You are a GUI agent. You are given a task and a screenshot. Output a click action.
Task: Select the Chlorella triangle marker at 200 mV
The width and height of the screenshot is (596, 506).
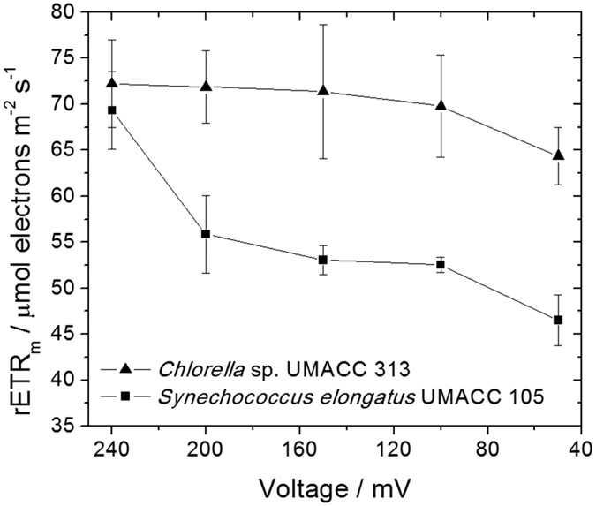206,87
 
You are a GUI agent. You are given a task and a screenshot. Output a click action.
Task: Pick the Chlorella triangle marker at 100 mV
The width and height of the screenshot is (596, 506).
441,106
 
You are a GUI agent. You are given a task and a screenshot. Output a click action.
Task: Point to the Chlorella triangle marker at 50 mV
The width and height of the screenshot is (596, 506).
558,155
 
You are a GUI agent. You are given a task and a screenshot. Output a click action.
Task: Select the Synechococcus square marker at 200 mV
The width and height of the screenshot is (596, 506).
206,234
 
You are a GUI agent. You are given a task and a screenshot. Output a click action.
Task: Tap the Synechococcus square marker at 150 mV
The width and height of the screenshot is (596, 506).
323,260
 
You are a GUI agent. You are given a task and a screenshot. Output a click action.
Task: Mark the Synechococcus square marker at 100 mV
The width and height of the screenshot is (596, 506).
441,264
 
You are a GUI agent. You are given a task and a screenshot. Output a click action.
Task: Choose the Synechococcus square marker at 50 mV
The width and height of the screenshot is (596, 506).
558,320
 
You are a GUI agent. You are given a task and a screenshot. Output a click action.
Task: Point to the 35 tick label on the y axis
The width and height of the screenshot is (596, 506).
61,426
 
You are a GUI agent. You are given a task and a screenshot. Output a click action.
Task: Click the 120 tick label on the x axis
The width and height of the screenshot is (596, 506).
394,448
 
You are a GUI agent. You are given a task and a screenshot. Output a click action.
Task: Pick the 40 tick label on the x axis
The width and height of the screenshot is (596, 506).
581,448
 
